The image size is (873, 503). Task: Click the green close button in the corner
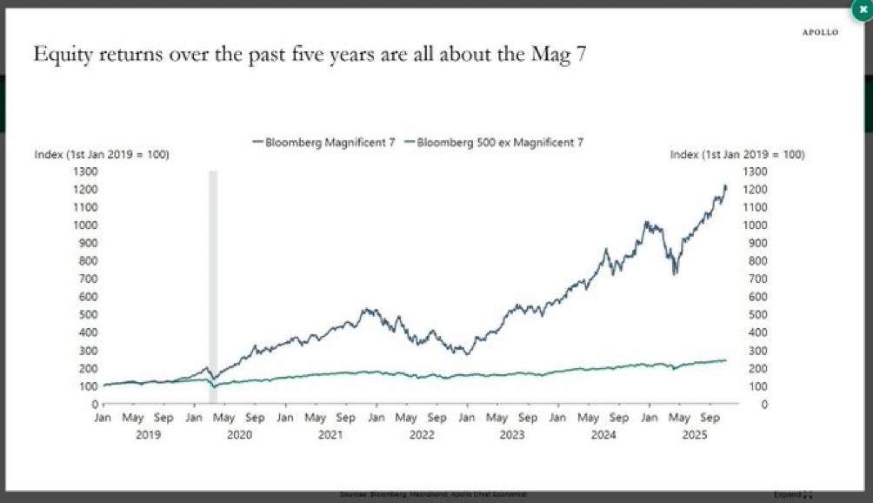pos(862,8)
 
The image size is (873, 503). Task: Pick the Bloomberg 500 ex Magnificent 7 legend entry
pos(494,142)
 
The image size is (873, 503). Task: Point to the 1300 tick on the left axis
pos(84,171)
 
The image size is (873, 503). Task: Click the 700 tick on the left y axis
pos(87,278)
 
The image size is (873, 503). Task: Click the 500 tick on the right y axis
pos(757,314)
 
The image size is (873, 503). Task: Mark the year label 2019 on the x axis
pos(149,433)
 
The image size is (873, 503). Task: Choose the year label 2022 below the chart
pos(423,433)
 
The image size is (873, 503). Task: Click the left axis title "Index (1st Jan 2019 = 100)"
pos(101,155)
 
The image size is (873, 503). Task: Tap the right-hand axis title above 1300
pos(737,155)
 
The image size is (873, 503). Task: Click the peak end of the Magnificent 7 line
pos(725,185)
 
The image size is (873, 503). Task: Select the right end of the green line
pos(725,360)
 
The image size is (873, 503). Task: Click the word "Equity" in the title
pos(63,55)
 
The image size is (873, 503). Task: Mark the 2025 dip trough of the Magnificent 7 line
pos(675,273)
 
